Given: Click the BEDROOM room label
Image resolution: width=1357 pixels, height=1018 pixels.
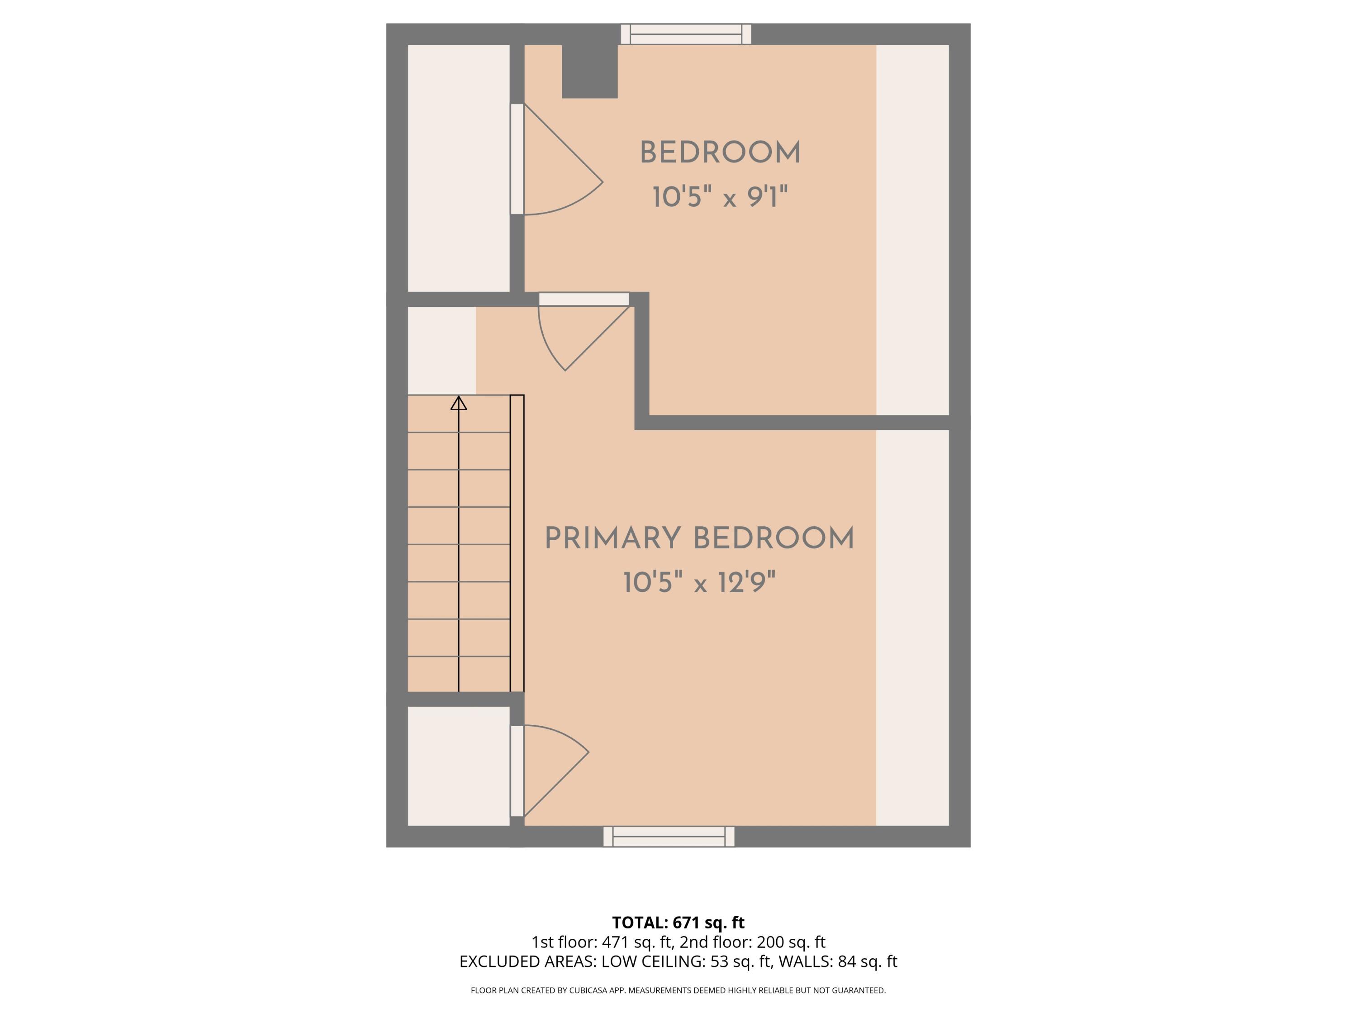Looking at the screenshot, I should tap(720, 153).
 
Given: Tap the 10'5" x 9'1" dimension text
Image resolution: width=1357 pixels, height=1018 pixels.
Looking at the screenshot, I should tap(720, 197).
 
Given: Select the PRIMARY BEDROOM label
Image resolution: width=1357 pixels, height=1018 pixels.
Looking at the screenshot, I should tap(699, 538).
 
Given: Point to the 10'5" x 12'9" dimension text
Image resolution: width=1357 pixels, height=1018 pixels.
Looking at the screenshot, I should tap(699, 582).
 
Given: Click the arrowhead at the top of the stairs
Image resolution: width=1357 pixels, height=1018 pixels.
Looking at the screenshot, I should tap(458, 403).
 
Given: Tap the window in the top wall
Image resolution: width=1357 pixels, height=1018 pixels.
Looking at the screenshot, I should tap(686, 34).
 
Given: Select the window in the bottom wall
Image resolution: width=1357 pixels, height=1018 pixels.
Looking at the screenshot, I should tap(669, 837).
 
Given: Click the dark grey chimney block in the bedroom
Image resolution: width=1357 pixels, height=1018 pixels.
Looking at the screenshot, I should tap(589, 71).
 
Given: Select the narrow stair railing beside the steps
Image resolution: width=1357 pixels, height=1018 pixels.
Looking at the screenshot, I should tap(517, 543).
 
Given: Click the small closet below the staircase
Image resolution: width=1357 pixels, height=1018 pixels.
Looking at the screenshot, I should tap(458, 766).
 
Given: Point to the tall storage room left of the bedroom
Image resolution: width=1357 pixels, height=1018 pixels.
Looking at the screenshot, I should tap(458, 168).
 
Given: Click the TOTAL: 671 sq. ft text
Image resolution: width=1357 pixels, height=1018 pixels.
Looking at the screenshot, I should tap(678, 922).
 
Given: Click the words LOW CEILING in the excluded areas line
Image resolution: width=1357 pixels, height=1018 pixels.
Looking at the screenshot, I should tap(653, 961).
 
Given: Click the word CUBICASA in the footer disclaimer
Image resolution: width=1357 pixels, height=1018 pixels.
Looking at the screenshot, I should tap(589, 990).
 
